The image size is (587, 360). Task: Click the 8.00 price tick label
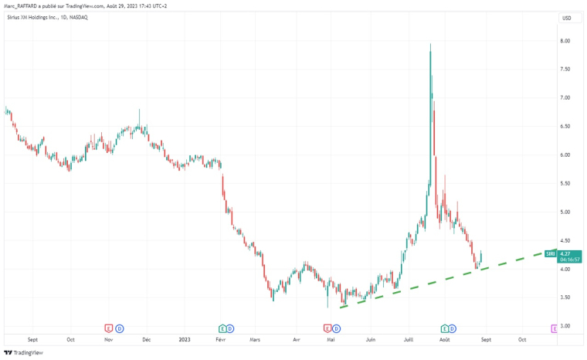(565, 41)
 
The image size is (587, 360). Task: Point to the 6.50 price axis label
(565, 127)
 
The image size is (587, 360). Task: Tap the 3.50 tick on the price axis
(565, 297)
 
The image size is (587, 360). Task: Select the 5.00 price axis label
(565, 212)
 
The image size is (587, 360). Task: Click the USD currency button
(566, 18)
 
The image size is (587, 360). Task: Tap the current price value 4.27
(565, 253)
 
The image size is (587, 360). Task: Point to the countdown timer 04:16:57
(571, 260)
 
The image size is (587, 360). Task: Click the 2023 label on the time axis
(184, 338)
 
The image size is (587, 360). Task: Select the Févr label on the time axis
(221, 338)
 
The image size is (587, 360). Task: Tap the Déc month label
(148, 338)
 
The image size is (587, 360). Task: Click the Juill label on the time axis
(408, 338)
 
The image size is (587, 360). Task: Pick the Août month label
(445, 338)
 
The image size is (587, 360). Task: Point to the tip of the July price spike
(430, 44)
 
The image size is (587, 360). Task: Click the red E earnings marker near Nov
(109, 328)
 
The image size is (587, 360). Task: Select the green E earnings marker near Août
(445, 328)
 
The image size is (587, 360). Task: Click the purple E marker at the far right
(554, 328)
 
